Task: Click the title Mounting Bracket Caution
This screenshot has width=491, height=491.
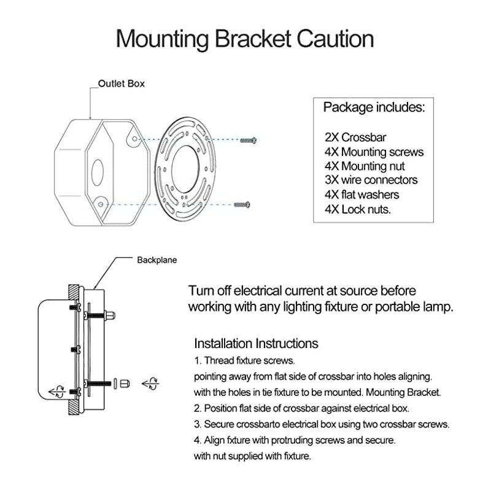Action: click(245, 39)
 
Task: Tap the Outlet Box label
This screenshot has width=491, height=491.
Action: click(122, 83)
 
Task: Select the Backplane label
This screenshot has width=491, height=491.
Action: click(157, 260)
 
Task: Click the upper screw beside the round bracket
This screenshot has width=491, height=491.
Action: click(249, 141)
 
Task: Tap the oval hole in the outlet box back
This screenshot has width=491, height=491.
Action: click(96, 172)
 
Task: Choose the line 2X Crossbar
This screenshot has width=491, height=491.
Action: click(355, 137)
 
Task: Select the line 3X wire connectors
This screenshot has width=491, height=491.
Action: click(371, 180)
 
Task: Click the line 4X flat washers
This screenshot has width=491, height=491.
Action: click(361, 195)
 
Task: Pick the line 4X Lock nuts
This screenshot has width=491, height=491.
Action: click(358, 209)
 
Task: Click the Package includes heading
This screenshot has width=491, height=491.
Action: click(374, 107)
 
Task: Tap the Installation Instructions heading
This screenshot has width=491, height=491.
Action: click(256, 343)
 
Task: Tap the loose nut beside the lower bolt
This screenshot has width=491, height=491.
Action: click(124, 384)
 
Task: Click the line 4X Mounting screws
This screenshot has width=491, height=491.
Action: click(374, 152)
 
